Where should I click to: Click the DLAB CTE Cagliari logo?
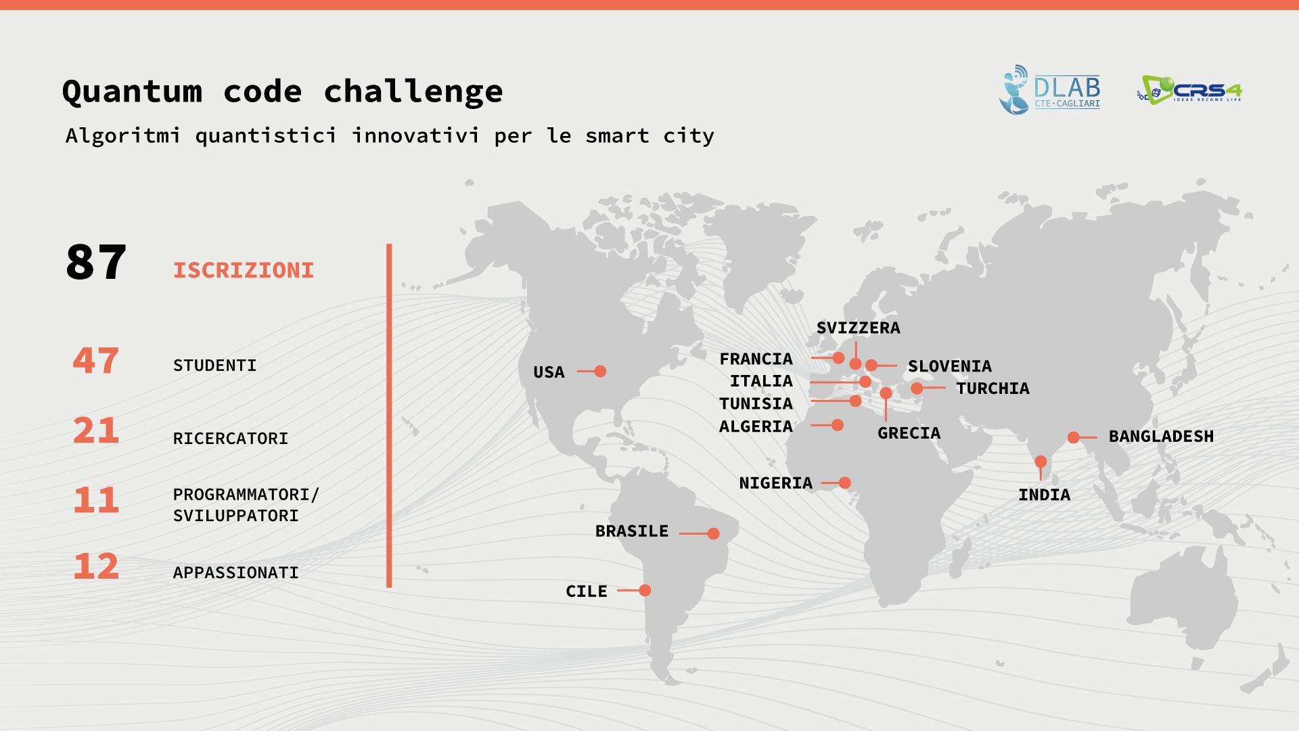click(1049, 90)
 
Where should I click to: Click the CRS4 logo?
click(1190, 90)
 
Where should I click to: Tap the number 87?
click(95, 263)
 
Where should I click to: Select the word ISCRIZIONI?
click(244, 271)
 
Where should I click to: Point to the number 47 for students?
click(95, 360)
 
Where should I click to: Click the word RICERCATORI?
click(231, 439)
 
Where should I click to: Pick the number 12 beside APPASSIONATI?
click(95, 567)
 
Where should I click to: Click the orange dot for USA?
click(600, 371)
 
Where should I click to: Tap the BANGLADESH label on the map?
click(1161, 437)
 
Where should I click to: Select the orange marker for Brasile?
click(713, 533)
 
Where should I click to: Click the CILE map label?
click(587, 592)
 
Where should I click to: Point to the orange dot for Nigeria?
click(844, 483)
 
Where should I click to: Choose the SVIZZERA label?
click(859, 328)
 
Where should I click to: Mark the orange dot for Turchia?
click(917, 388)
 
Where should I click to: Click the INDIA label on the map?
click(1045, 495)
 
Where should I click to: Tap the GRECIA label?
click(909, 433)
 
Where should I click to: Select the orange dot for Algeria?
click(837, 425)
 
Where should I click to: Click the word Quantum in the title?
click(132, 91)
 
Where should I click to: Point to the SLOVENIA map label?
click(950, 366)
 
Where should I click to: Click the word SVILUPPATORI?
click(236, 516)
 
